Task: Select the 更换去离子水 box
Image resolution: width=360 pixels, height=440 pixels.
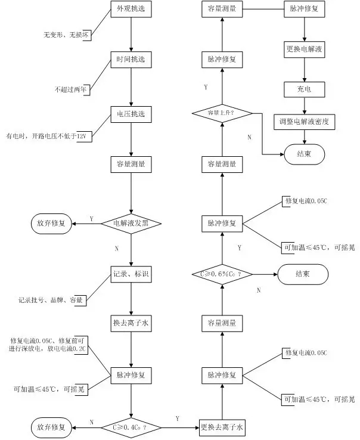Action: [x=222, y=427]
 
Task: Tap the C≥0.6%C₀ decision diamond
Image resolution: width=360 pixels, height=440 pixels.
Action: [x=221, y=274]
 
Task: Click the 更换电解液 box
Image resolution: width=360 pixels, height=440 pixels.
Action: [x=305, y=49]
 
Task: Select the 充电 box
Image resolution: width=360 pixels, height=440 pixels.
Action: [x=305, y=90]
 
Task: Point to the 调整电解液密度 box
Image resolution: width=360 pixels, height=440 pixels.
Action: [x=305, y=122]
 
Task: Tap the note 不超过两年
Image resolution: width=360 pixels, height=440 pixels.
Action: [x=72, y=89]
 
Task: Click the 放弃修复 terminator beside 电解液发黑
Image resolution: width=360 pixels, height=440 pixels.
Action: [x=52, y=224]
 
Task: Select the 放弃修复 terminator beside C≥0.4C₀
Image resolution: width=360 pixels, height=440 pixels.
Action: [x=52, y=427]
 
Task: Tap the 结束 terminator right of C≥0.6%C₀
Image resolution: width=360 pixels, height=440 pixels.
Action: [x=303, y=274]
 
